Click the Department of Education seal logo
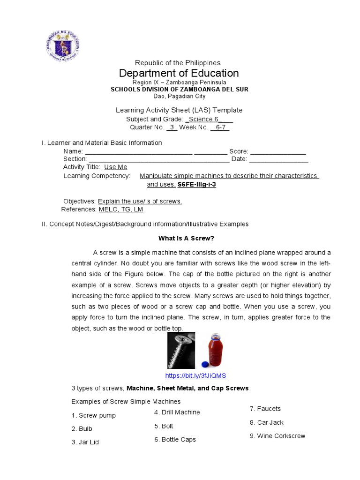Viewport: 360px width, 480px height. (62, 46)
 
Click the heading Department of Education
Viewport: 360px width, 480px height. (179, 73)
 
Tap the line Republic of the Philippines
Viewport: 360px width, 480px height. (178, 63)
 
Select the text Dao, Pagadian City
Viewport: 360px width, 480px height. (179, 96)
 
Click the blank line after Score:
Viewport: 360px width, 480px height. (278, 151)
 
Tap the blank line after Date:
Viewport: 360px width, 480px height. (278, 159)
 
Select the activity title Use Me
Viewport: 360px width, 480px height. (115, 167)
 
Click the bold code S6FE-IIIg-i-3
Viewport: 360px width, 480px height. (196, 185)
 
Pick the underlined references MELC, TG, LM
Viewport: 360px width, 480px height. (120, 210)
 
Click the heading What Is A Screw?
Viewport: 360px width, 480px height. (186, 238)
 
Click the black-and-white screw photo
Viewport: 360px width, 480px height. (181, 350)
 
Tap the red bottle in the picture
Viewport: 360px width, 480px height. (215, 351)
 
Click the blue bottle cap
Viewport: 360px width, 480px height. (204, 364)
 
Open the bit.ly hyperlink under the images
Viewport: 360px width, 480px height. (196, 376)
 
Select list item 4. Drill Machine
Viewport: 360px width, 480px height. (177, 412)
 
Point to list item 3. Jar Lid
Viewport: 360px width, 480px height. (85, 442)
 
